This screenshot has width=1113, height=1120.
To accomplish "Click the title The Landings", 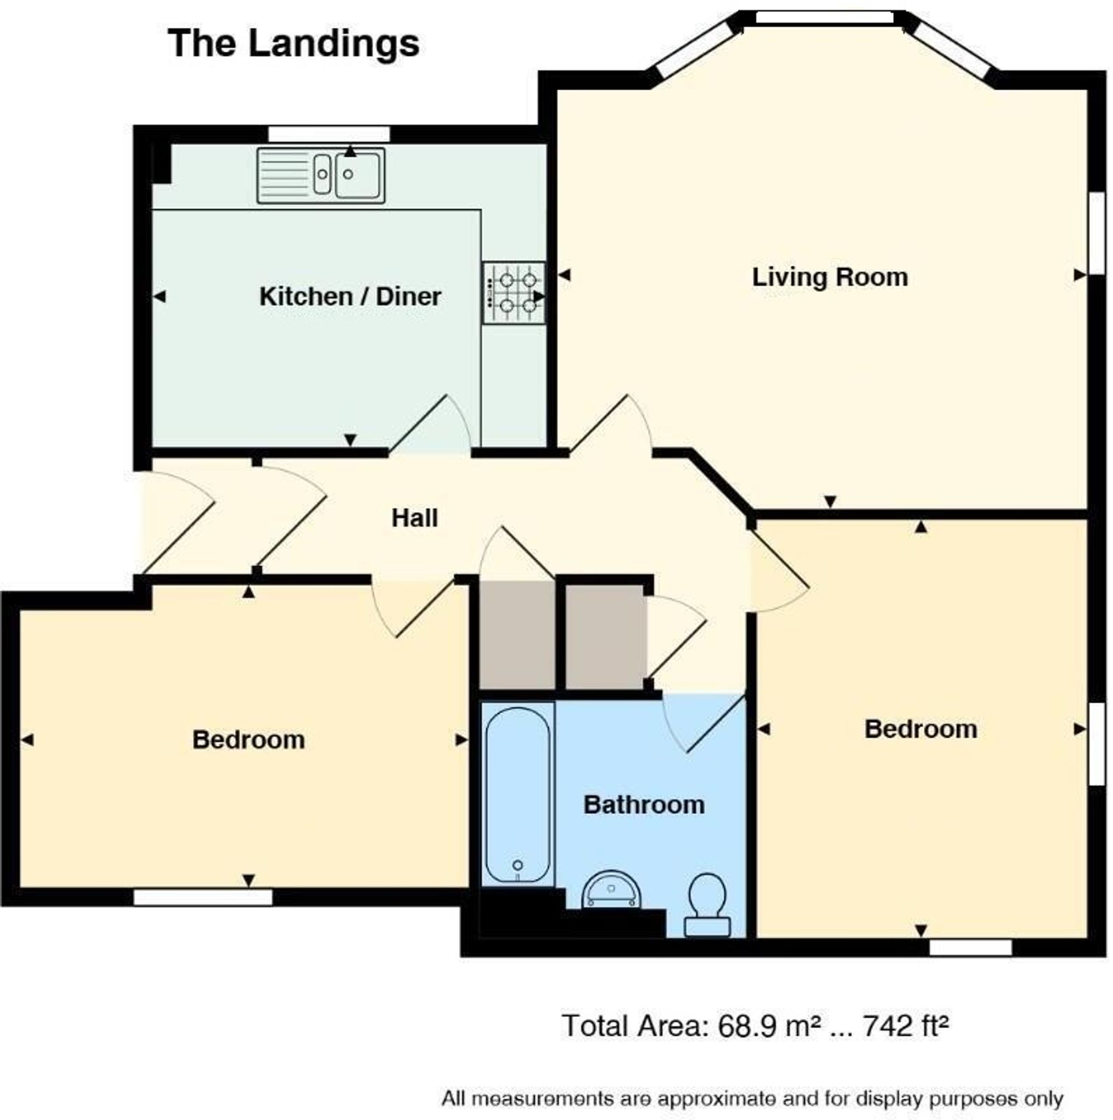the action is click(x=293, y=44).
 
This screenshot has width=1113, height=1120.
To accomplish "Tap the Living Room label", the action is click(x=830, y=277).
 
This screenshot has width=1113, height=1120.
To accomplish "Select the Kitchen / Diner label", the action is click(x=350, y=297).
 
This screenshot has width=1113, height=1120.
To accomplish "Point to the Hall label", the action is click(x=415, y=518).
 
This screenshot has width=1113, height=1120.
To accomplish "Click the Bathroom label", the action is click(x=644, y=805).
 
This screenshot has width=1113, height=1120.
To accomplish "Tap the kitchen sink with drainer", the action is click(x=321, y=175).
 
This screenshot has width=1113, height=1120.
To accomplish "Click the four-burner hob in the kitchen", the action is click(x=514, y=293).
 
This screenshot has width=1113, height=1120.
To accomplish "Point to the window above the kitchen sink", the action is click(x=329, y=135).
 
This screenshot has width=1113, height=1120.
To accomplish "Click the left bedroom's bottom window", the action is click(x=203, y=897).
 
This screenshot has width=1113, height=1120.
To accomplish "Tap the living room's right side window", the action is click(x=1096, y=233).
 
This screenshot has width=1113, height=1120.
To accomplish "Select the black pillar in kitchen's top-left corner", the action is click(x=162, y=163).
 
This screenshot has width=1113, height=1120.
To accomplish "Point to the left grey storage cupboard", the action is click(x=518, y=636).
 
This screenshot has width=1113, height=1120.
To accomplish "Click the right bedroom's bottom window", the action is click(x=971, y=948).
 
